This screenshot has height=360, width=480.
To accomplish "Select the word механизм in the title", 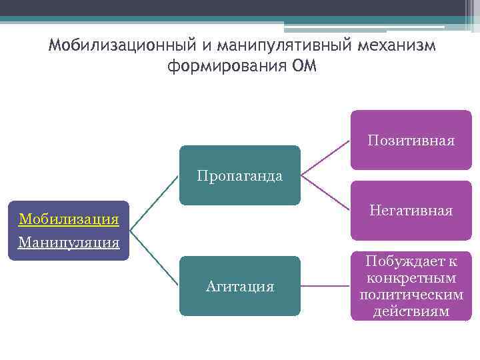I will click(397, 47).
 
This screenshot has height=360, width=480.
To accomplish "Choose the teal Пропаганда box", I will click(239, 175).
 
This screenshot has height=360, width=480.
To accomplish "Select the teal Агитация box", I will click(239, 286).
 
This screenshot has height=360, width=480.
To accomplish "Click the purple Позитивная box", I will click(411, 141).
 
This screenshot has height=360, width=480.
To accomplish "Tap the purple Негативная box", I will click(411, 211).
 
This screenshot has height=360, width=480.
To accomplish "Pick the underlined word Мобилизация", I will click(69, 219).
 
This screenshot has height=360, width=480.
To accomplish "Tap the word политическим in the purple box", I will click(411, 295).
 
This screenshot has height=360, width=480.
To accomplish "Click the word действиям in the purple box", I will click(411, 311).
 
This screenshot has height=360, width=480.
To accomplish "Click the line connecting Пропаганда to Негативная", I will click(325, 193).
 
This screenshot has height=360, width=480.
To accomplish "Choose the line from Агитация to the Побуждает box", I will click(325, 286).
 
